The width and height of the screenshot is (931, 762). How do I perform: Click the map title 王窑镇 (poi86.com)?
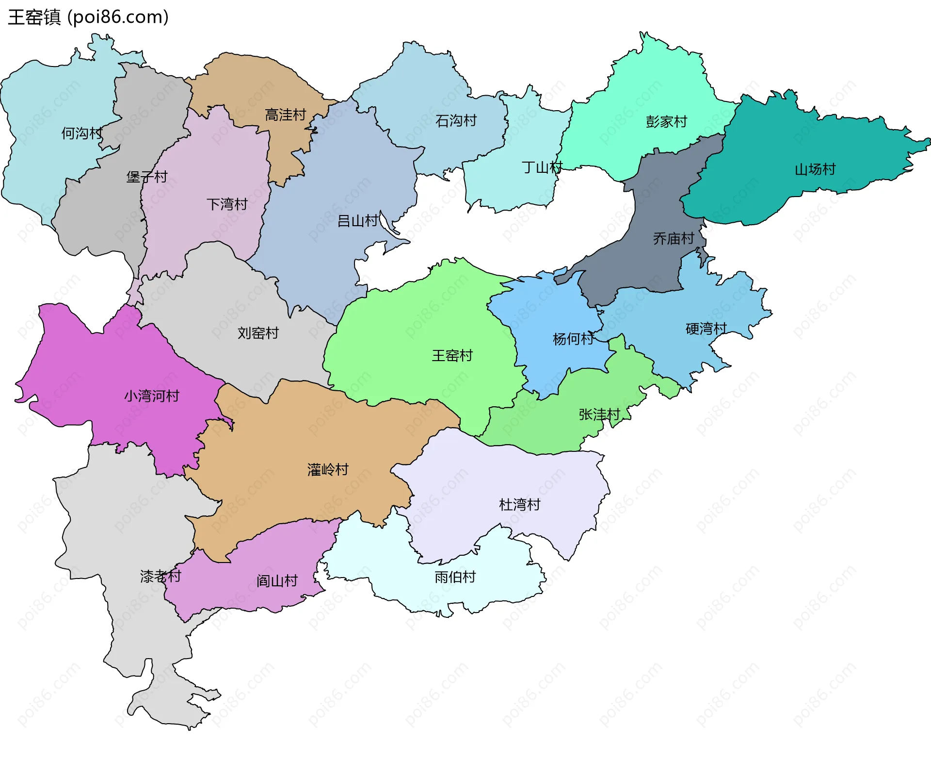click(88, 17)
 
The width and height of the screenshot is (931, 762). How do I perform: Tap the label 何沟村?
click(81, 133)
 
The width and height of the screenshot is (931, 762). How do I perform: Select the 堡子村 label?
click(147, 177)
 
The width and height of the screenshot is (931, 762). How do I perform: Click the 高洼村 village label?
click(286, 115)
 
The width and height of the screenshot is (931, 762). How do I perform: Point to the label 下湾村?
click(227, 204)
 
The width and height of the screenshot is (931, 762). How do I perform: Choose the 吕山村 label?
click(358, 221)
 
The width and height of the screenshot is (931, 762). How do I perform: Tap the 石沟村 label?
click(456, 120)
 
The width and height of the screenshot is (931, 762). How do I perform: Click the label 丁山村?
click(542, 167)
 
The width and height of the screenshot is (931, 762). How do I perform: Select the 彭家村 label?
click(666, 121)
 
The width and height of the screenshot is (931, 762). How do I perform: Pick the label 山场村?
click(815, 169)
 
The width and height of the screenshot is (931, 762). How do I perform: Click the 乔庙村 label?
click(674, 238)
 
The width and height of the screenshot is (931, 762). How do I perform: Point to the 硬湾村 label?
click(706, 329)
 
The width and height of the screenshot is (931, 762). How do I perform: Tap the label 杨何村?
click(573, 339)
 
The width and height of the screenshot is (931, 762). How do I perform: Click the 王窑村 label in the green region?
click(452, 355)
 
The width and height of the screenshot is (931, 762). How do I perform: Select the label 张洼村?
click(599, 414)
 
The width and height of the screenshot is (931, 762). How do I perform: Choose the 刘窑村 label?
click(258, 333)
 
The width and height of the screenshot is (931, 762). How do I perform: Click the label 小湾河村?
click(152, 396)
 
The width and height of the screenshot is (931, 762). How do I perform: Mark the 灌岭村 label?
click(328, 469)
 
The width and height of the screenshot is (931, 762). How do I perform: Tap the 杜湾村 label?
click(519, 505)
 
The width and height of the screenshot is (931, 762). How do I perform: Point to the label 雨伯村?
click(455, 577)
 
